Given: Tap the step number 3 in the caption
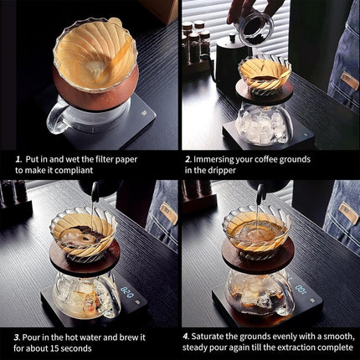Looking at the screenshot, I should [x=17, y=337].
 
